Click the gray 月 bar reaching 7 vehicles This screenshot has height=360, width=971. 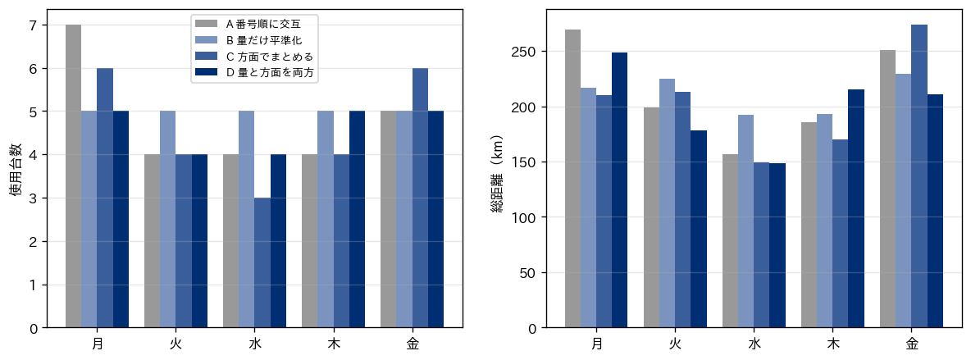(73, 176)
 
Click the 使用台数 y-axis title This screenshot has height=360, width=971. (16, 169)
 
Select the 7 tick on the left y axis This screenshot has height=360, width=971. (32, 25)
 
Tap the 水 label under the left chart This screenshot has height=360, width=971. (254, 344)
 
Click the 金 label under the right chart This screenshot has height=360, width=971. (912, 344)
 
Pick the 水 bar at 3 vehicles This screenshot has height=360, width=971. (262, 262)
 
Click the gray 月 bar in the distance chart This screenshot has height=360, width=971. (572, 179)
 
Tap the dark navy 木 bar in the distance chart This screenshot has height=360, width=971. (856, 209)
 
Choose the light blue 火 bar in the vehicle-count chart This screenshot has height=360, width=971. (168, 219)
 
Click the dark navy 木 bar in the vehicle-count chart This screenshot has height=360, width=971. (357, 219)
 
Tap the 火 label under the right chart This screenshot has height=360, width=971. (675, 344)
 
